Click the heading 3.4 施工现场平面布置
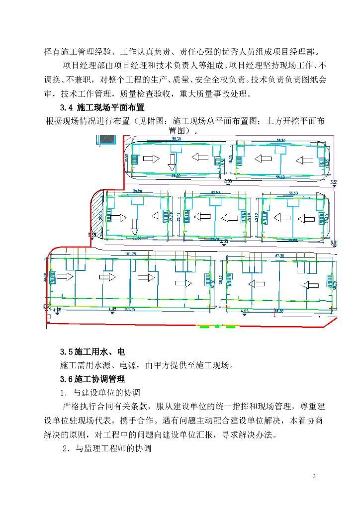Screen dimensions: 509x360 (x=102, y=107)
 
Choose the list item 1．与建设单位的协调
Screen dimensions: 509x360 (x=100, y=393)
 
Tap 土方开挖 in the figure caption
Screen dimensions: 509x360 (x=283, y=120)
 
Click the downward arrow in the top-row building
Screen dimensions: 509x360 (x=171, y=161)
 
